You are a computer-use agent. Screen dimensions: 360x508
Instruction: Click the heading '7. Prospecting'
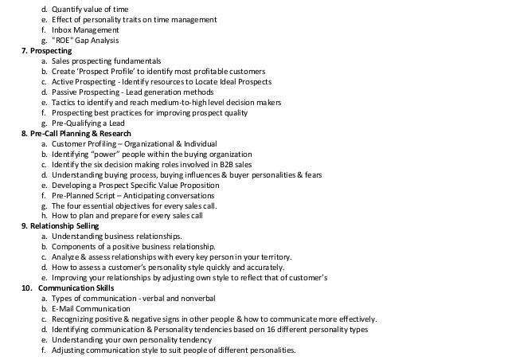pyautogui.click(x=46, y=50)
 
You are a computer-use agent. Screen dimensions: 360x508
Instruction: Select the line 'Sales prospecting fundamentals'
pyautogui.click(x=107, y=61)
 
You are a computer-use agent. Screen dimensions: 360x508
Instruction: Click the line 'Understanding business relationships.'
pyautogui.click(x=117, y=237)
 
